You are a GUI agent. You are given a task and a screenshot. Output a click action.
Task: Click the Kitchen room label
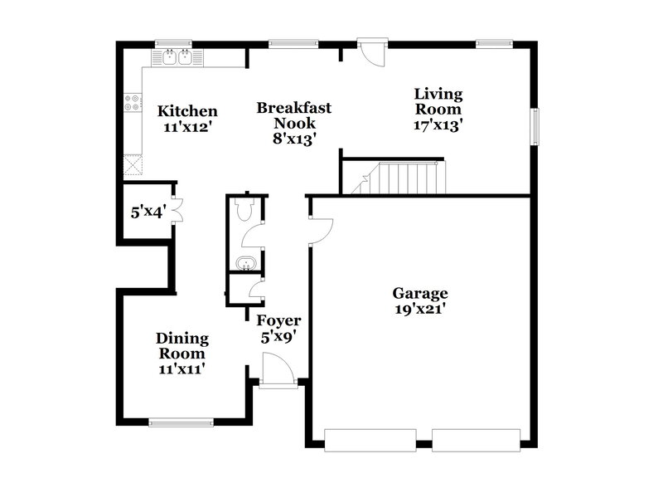pos(188,111)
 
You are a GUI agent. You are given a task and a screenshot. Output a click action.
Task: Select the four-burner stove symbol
pos(132,102)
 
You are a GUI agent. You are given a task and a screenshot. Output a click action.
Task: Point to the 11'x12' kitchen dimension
pos(188,128)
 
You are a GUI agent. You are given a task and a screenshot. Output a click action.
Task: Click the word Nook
pos(293,123)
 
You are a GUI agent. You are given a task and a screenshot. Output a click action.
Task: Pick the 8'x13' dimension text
pos(293,139)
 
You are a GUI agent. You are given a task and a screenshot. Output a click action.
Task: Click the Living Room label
pos(438,101)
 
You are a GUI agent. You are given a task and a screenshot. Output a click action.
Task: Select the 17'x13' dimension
pos(438,125)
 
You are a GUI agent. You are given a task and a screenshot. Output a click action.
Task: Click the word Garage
pos(420,293)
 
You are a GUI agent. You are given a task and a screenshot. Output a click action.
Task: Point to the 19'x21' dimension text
pos(420,310)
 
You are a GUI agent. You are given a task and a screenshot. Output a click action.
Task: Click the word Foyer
pos(278,320)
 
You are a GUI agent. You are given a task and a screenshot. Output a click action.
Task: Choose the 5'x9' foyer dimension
pos(278,337)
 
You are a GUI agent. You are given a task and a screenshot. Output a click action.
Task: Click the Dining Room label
pos(182,346)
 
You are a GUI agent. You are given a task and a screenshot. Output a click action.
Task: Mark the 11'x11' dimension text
pos(182,368)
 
